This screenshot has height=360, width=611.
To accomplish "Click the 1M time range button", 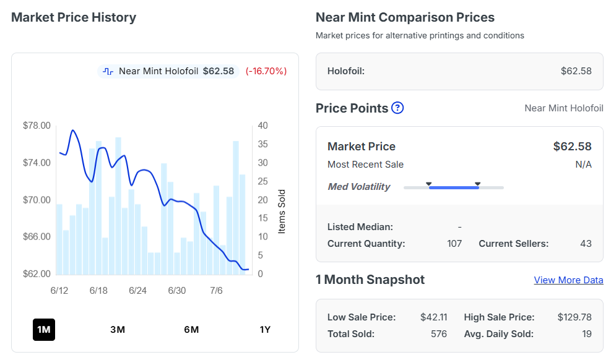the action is coord(43,330).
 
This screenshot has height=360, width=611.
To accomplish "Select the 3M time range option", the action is coord(118,330).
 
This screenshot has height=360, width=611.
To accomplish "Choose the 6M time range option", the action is coord(191,330).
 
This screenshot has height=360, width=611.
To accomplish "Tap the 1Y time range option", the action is coord(265,330).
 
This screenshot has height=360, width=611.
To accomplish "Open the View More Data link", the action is coord(568,280).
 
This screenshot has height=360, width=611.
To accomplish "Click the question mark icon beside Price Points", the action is coord(397,108).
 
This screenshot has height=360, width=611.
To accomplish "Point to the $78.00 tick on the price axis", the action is coord(37,126).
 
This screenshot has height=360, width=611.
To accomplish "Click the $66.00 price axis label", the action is coord(37,237).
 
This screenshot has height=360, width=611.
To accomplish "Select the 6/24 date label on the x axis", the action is coord(137,291).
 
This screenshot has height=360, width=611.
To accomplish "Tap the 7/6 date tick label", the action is coord(216,291).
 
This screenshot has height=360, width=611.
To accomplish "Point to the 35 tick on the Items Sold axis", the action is coord(262,144).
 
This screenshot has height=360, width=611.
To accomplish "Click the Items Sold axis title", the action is coord(282,212).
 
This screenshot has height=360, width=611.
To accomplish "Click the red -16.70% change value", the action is coord(266,71).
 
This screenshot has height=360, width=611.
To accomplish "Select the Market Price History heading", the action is coord(74,17).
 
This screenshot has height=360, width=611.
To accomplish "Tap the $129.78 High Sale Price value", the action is coord(574,317).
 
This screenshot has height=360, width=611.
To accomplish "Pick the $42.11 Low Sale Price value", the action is coord(434,317).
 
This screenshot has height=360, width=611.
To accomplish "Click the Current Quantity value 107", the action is coord(454,244).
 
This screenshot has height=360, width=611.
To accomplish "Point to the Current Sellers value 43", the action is coord(586,244).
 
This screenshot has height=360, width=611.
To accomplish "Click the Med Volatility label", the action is coord(359,187).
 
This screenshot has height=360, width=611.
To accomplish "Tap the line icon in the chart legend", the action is coord(108,71).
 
